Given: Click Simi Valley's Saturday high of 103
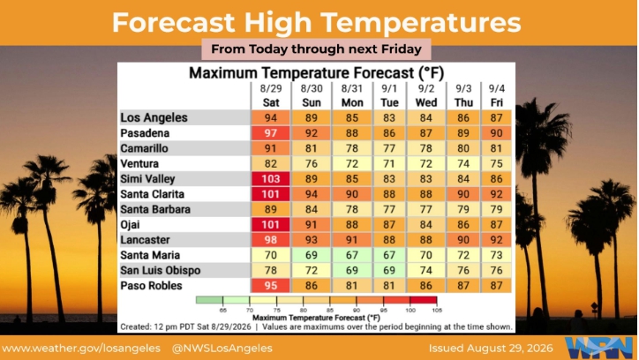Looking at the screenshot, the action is tap(271, 179).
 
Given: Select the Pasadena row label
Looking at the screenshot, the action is tap(145, 133).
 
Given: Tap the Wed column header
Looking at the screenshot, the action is tap(426, 102).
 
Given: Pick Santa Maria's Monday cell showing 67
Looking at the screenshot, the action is tap(351, 255).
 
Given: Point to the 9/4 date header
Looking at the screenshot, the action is tap(496, 88).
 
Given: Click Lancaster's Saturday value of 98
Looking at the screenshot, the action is tap(271, 240).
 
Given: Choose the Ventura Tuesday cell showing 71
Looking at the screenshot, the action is tap(389, 164).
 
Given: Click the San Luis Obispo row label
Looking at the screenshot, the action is tap(160, 270).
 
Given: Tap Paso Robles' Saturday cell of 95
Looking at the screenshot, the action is tap(271, 286).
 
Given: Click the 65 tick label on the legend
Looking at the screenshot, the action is tap(223, 311).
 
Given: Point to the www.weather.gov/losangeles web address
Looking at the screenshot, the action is tap(81, 349).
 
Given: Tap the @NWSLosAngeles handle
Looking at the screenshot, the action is tap(222, 349).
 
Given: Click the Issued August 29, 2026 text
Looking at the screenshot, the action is tap(491, 349).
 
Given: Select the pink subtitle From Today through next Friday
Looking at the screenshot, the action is tap(316, 49).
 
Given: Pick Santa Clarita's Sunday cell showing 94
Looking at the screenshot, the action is tap(311, 194).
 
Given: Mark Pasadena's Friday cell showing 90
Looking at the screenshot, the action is tap(496, 133).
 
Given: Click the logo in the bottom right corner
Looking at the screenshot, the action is tap(600, 349).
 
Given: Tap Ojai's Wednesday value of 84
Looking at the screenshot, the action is tap(426, 224).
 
